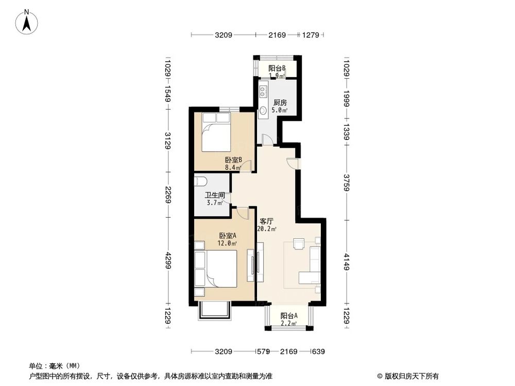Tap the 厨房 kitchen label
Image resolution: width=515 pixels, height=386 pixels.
tap(280, 102)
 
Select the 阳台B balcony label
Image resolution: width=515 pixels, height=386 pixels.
tap(277, 68)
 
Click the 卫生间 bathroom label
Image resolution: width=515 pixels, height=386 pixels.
tap(214, 195)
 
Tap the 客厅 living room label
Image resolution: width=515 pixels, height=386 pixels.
tap(266, 221)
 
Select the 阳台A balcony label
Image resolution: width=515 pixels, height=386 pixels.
tap(289, 316)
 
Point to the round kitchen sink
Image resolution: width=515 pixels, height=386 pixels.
tap(263, 110)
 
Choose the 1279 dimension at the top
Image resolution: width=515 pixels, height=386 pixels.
tap(311, 35)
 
